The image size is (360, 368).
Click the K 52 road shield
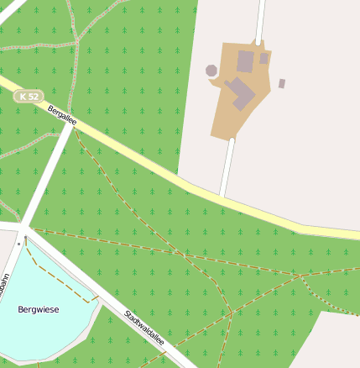28,97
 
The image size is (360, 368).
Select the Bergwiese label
39,310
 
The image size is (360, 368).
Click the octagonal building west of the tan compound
211,71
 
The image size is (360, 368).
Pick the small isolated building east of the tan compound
282,83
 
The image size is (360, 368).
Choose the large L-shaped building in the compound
242,92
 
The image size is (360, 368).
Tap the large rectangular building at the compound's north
245,60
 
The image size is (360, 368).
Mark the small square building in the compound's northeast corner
263,59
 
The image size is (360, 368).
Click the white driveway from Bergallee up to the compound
227,168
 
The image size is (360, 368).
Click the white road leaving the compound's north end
260,18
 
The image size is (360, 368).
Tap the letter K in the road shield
23,97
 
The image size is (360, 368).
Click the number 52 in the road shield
33,97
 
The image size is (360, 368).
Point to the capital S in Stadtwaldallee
127,313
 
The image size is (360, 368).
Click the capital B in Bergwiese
21,310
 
